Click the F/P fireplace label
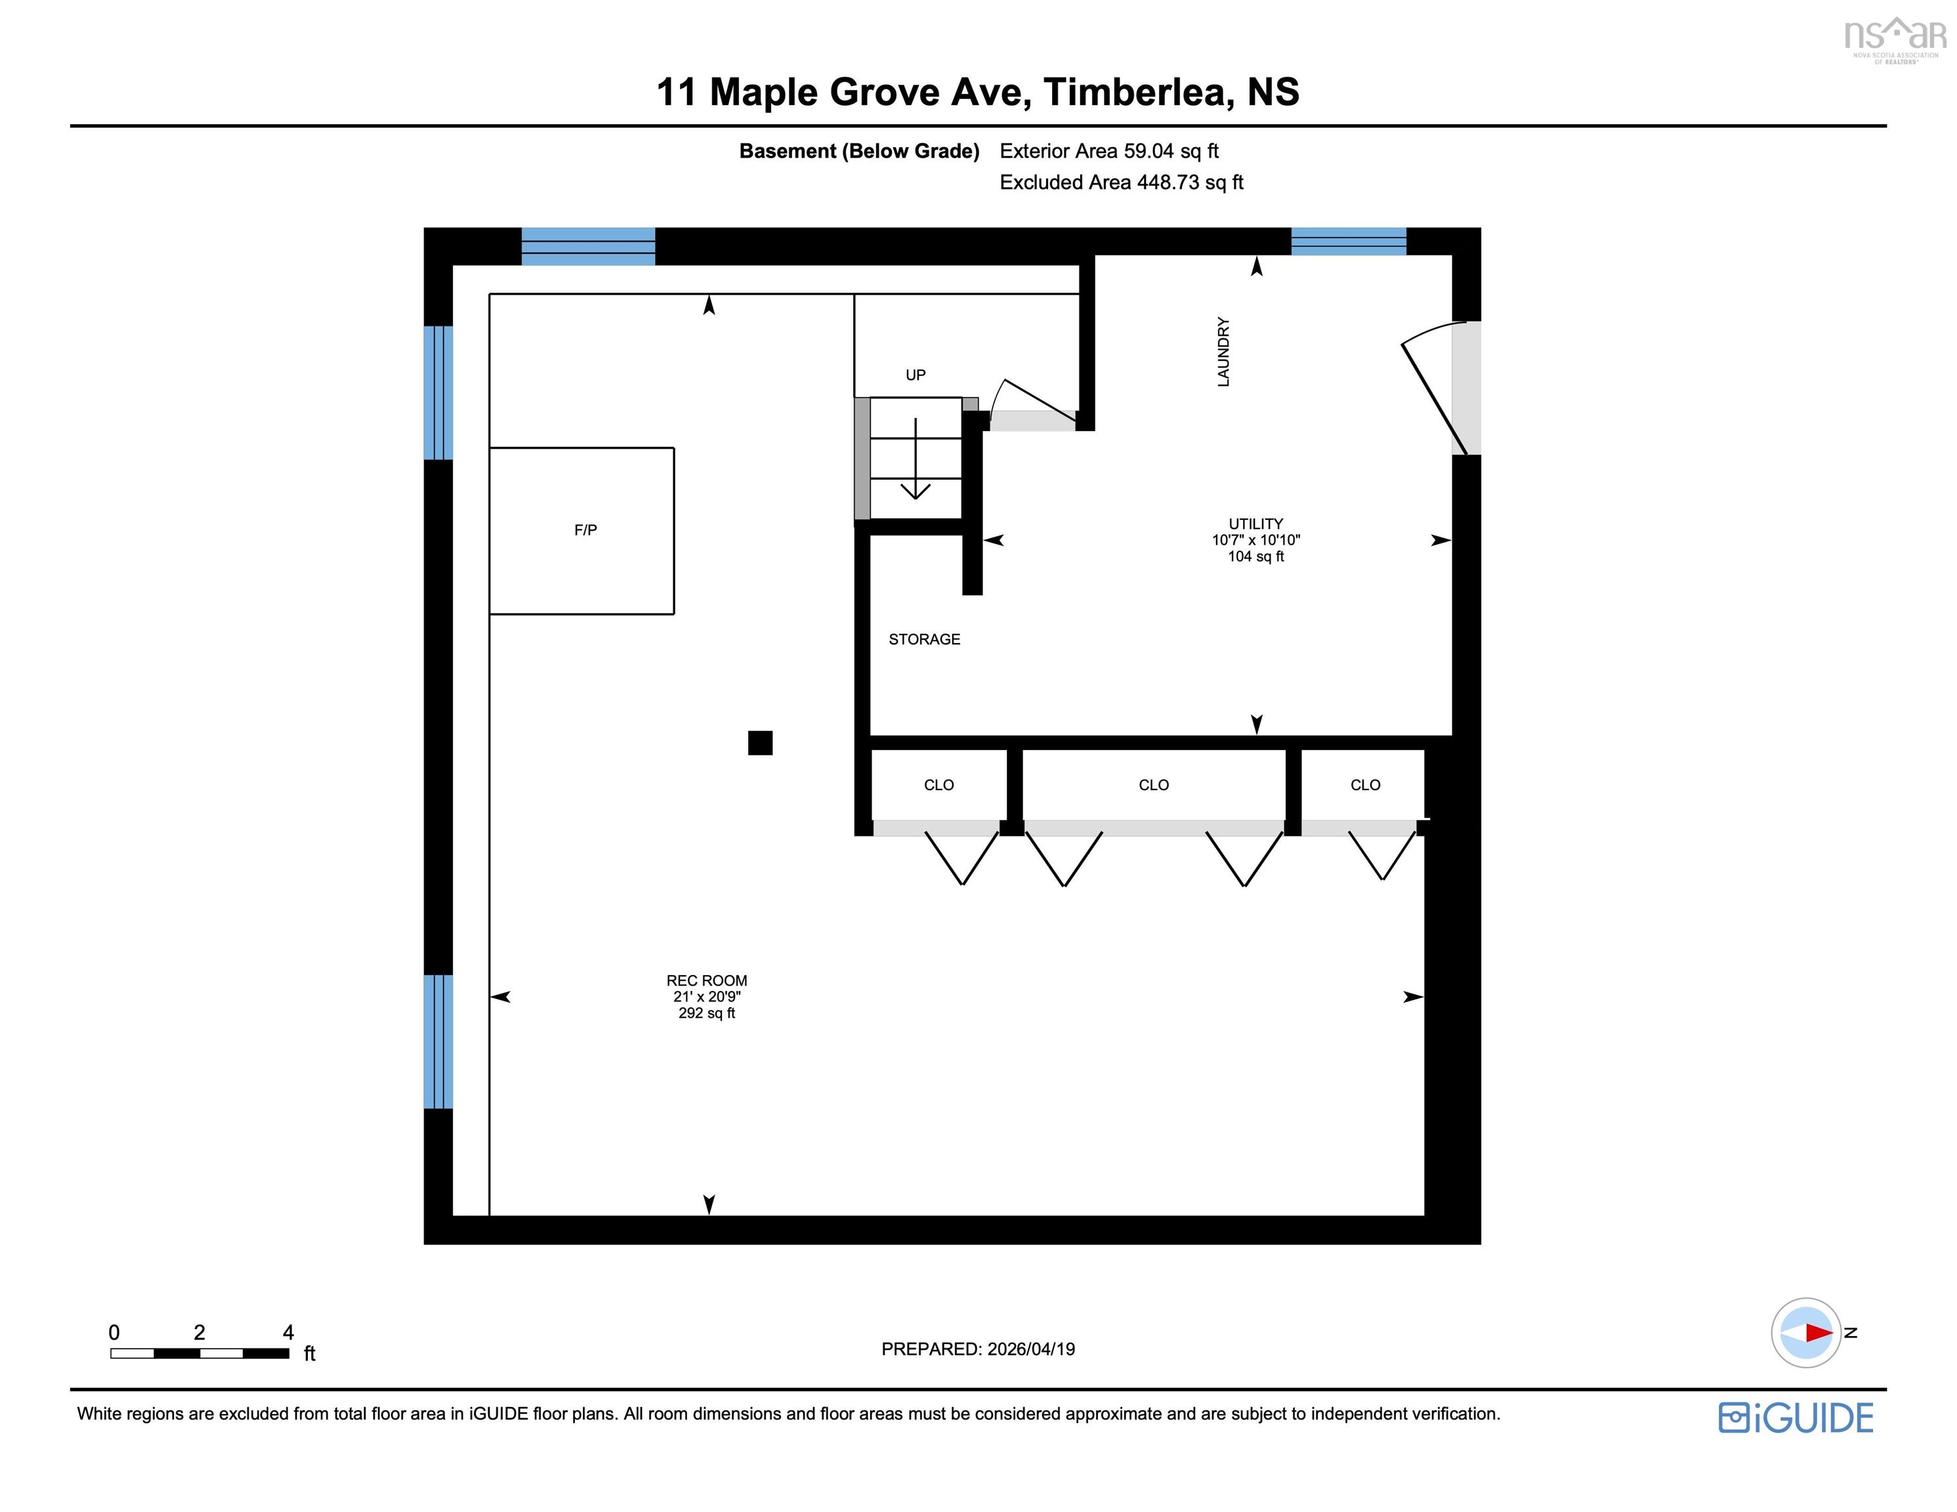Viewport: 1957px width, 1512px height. point(585,530)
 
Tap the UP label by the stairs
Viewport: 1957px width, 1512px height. point(915,375)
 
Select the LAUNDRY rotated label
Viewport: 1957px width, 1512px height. point(1223,351)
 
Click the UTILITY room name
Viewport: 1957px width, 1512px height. point(1255,524)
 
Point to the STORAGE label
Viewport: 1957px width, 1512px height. point(924,639)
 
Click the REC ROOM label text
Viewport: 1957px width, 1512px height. point(706,980)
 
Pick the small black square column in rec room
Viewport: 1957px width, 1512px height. point(760,743)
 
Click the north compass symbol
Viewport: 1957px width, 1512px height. point(1807,1333)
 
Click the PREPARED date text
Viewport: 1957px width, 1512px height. point(978,1349)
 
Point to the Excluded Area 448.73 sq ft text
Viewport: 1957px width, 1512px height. point(1121,182)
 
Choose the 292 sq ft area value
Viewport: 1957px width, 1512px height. point(706,1013)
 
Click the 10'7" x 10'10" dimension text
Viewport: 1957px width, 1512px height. point(1255,539)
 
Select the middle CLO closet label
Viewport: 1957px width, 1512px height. point(1153,785)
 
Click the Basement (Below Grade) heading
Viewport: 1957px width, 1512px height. point(858,150)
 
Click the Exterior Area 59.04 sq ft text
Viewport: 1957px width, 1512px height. point(1108,150)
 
